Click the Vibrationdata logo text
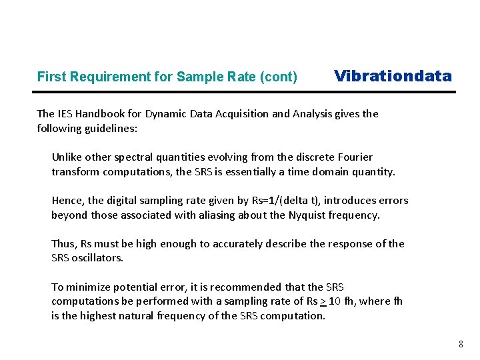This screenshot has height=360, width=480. coord(393,76)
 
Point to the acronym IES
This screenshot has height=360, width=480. coord(65,113)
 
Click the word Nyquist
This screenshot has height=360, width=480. coord(307,215)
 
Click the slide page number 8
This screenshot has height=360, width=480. coord(461,345)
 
